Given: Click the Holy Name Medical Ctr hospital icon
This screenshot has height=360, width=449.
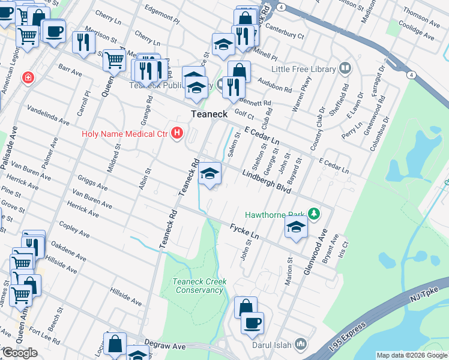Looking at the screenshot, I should pyautogui.click(x=176, y=133).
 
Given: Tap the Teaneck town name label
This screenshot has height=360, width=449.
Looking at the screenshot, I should pyautogui.click(x=208, y=114).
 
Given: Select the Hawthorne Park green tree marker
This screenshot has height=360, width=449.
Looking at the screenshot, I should pyautogui.click(x=313, y=214).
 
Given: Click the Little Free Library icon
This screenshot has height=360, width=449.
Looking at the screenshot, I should pyautogui.click(x=345, y=69).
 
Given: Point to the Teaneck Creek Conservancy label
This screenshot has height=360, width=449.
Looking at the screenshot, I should pyautogui.click(x=198, y=286).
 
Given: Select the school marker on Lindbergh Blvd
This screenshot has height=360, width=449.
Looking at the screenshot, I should pyautogui.click(x=209, y=173).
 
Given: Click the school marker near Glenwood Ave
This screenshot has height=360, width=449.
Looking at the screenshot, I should pyautogui.click(x=296, y=227).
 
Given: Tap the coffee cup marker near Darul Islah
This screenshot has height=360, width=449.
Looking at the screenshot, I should pyautogui.click(x=252, y=322).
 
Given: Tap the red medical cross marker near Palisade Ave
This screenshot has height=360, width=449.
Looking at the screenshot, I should pyautogui.click(x=27, y=77).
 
